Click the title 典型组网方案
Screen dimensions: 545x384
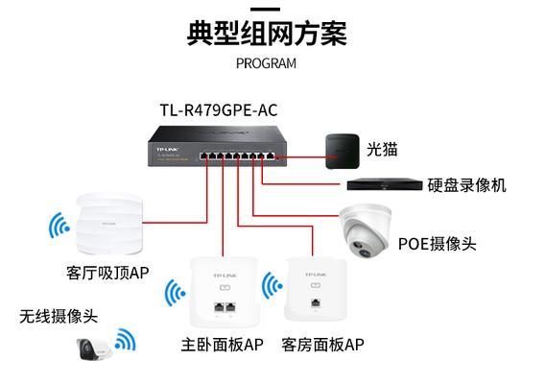[267, 33]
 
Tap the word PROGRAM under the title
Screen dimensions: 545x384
[266, 63]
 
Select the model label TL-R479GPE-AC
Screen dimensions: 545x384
[219, 110]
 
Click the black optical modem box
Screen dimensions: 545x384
[342, 152]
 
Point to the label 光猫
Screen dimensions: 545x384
[382, 149]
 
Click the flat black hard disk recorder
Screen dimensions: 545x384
[385, 184]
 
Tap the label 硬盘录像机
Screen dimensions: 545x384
[466, 185]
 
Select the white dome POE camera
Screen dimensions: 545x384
[366, 230]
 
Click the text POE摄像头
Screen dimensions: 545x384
[437, 244]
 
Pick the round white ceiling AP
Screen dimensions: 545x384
[109, 225]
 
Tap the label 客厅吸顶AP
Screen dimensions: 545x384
[107, 273]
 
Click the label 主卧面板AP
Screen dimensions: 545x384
[222, 345]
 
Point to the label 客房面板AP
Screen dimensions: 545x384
[323, 345]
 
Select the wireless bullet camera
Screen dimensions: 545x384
[93, 348]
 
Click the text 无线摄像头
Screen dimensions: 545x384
[59, 317]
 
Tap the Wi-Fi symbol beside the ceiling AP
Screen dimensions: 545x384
[59, 226]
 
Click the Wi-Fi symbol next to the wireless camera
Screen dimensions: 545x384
[126, 339]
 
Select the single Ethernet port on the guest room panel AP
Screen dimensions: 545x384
[316, 302]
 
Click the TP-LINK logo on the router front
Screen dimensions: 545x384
[167, 149]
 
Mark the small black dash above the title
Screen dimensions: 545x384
[265, 10]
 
